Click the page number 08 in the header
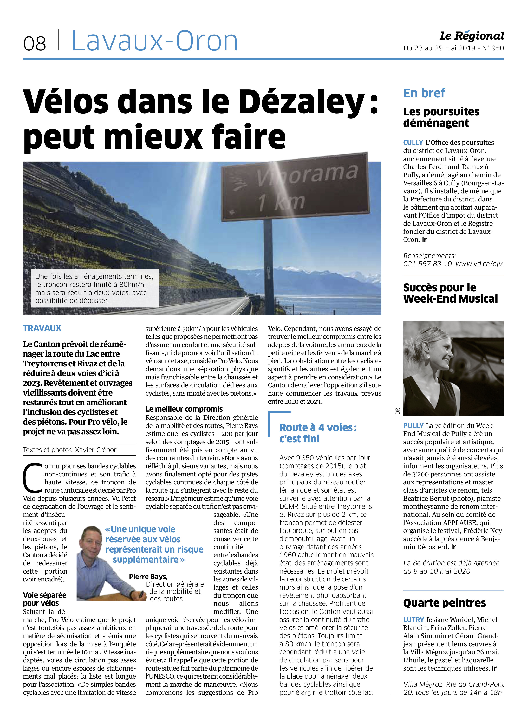(35, 44)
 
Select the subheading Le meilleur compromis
(184, 409)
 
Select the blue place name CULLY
(413, 143)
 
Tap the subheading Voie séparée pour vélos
(45, 599)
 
